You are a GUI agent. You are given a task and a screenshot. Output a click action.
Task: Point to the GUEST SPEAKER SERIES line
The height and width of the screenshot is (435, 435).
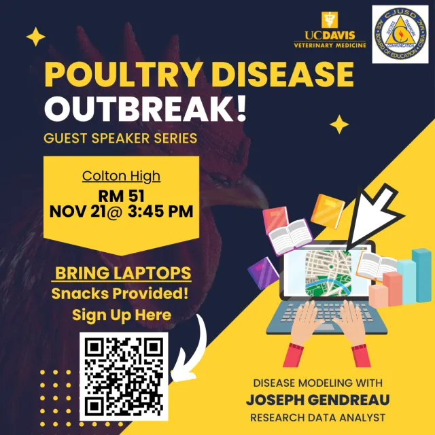(120, 139)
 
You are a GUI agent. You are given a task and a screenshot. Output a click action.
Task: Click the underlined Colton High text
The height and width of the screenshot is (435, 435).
(121, 176)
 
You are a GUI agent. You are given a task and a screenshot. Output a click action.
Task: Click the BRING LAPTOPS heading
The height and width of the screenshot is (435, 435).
(122, 274)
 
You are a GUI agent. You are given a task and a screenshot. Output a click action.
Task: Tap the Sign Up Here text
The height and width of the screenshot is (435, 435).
(121, 315)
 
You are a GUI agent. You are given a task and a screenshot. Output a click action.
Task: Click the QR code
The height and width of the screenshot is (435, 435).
(123, 376)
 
